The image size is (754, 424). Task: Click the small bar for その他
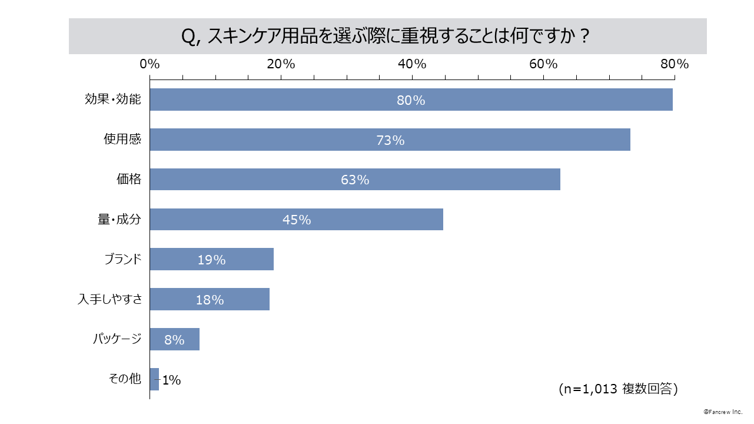pyautogui.click(x=154, y=379)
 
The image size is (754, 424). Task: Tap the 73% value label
pyautogui.click(x=390, y=140)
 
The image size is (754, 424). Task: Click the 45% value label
pyautogui.click(x=297, y=220)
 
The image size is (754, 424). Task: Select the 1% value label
pyautogui.click(x=171, y=380)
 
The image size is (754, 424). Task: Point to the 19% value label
pyautogui.click(x=211, y=260)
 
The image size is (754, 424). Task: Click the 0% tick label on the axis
pyautogui.click(x=150, y=64)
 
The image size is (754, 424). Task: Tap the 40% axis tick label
pyautogui.click(x=412, y=64)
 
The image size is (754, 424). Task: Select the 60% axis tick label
pyautogui.click(x=543, y=64)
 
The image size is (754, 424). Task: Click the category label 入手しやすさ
pyautogui.click(x=110, y=299)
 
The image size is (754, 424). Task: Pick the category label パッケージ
pyautogui.click(x=117, y=339)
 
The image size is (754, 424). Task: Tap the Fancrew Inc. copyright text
pyautogui.click(x=723, y=412)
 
